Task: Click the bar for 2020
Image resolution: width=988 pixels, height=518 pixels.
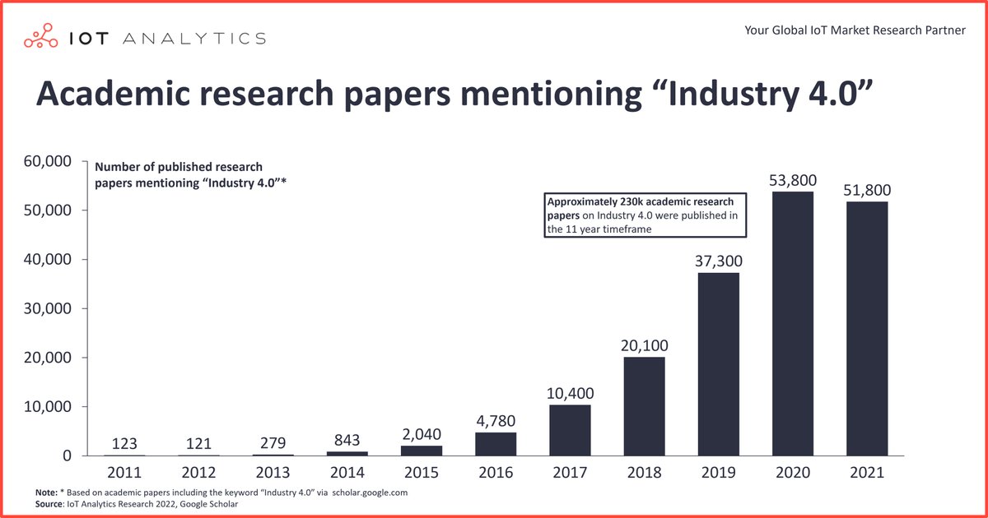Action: click(793, 324)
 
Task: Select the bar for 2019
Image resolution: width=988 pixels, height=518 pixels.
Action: click(719, 364)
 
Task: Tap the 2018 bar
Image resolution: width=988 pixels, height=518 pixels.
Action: click(644, 406)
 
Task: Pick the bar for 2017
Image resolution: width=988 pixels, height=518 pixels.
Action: click(570, 430)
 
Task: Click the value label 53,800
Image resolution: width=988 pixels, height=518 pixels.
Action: click(793, 180)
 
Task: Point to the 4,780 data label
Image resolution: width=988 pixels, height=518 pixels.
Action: click(496, 421)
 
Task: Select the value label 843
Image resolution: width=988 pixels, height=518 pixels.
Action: click(347, 440)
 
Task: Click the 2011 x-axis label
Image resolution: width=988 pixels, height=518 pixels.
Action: click(124, 472)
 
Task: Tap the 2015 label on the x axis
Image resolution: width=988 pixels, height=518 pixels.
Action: click(422, 472)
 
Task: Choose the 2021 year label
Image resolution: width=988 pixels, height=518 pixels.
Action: click(867, 472)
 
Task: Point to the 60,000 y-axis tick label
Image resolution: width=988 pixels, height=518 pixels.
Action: click(48, 161)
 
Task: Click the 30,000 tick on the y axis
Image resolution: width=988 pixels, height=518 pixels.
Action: click(48, 308)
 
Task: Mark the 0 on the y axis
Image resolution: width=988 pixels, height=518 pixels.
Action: click(67, 456)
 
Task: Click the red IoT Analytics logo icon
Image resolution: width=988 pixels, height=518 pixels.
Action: click(40, 35)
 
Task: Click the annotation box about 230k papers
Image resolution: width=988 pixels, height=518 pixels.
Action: click(645, 215)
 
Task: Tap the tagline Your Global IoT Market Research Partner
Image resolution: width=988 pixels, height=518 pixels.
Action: click(855, 30)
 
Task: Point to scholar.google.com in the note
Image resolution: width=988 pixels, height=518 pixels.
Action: click(370, 493)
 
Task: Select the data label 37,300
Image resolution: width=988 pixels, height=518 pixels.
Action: click(719, 261)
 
